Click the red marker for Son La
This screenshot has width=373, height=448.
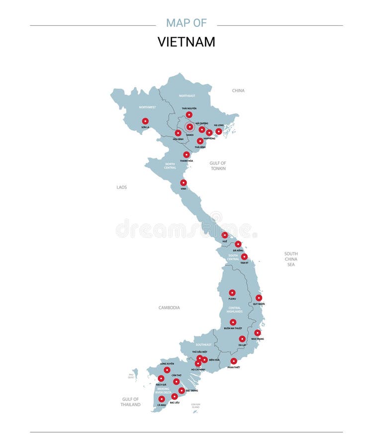click(x=145, y=121)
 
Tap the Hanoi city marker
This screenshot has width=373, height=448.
click(x=189, y=127)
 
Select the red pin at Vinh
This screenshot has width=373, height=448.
click(x=184, y=183)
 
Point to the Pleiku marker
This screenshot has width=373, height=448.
click(x=232, y=293)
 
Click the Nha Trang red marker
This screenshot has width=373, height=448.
click(x=257, y=333)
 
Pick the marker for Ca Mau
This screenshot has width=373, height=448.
click(x=162, y=399)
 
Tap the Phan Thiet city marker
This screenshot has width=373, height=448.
click(x=234, y=361)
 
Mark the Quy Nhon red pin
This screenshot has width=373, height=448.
click(x=259, y=298)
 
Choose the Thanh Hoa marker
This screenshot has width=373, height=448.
click(x=186, y=155)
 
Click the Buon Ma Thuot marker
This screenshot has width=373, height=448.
click(x=233, y=322)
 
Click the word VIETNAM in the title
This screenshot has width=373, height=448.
click(x=186, y=42)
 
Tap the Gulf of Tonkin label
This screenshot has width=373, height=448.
click(x=218, y=166)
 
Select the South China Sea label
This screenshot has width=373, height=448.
click(x=291, y=259)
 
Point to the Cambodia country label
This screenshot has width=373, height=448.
click(x=169, y=308)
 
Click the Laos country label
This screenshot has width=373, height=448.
click(x=121, y=188)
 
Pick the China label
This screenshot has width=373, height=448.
click(x=238, y=91)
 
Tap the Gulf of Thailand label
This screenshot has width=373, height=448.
click(x=131, y=402)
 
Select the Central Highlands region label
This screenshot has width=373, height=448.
click(x=235, y=310)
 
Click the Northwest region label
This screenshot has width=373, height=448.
click(x=148, y=107)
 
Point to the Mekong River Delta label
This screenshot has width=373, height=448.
click(x=162, y=390)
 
